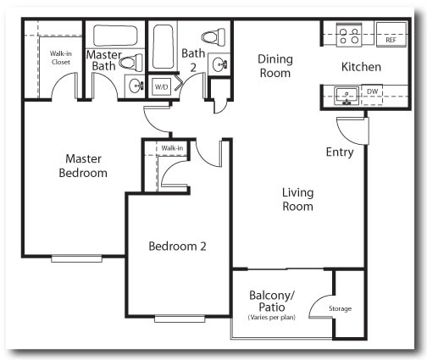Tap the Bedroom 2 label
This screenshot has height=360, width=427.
coord(178,246)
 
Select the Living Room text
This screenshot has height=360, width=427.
coord(297,199)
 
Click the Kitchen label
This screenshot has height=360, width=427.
coord(361,67)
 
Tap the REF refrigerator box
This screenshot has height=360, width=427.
coord(391,40)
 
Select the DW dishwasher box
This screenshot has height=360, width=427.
coord(373,91)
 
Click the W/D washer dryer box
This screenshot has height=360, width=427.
coord(160,86)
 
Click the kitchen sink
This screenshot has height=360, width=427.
coord(347,94)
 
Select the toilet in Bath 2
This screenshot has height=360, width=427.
coord(213,37)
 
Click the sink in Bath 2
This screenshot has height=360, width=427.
coord(219,64)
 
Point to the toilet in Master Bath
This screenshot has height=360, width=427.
coord(131,62)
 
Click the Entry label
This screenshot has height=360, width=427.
coord(340,152)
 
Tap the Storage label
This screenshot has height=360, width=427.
coord(340,308)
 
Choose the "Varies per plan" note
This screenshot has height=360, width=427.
coord(271,318)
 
